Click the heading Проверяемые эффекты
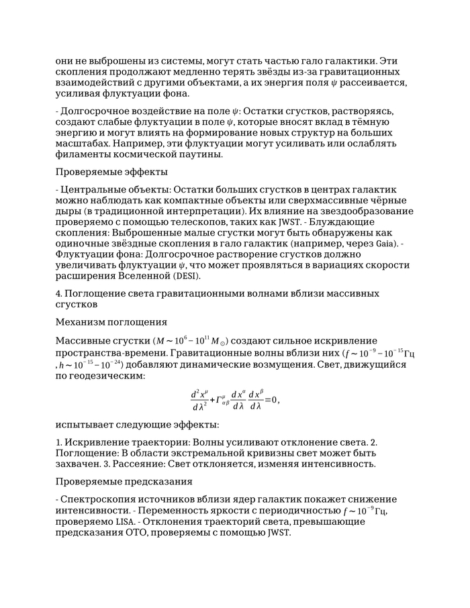click(111, 172)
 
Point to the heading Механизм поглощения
click(111, 321)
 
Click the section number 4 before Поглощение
click(58, 293)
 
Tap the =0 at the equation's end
click(271, 400)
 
